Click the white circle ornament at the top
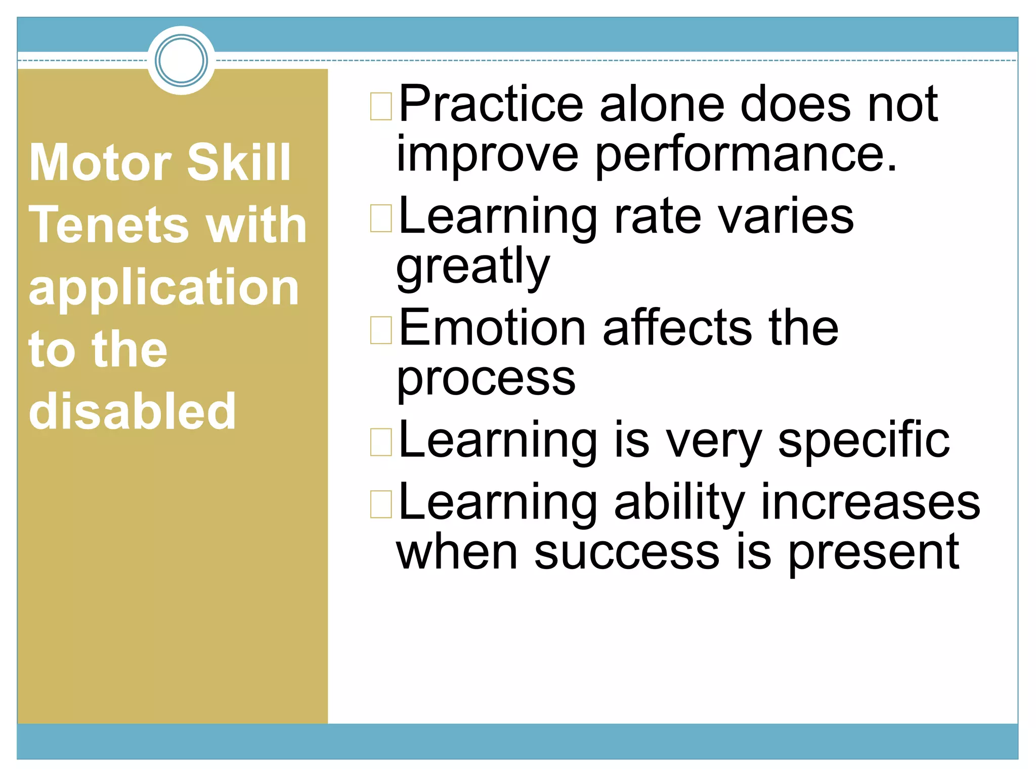tap(181, 60)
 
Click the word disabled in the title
tap(133, 411)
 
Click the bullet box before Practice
tap(381, 106)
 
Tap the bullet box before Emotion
tap(381, 330)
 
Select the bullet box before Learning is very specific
tap(381, 442)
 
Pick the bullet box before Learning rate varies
tap(381, 218)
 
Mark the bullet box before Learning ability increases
tap(381, 504)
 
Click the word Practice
tap(491, 105)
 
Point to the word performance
tap(746, 155)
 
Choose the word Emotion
tap(492, 329)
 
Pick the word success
tap(627, 552)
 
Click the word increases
tap(870, 503)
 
